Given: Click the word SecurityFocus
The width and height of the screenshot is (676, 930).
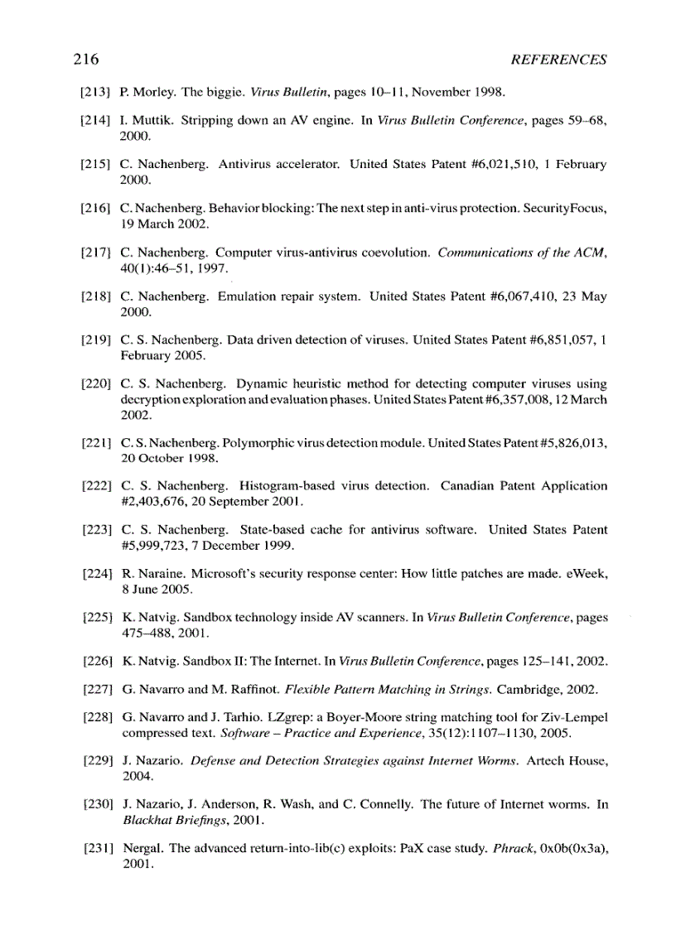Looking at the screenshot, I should coord(567,210).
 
